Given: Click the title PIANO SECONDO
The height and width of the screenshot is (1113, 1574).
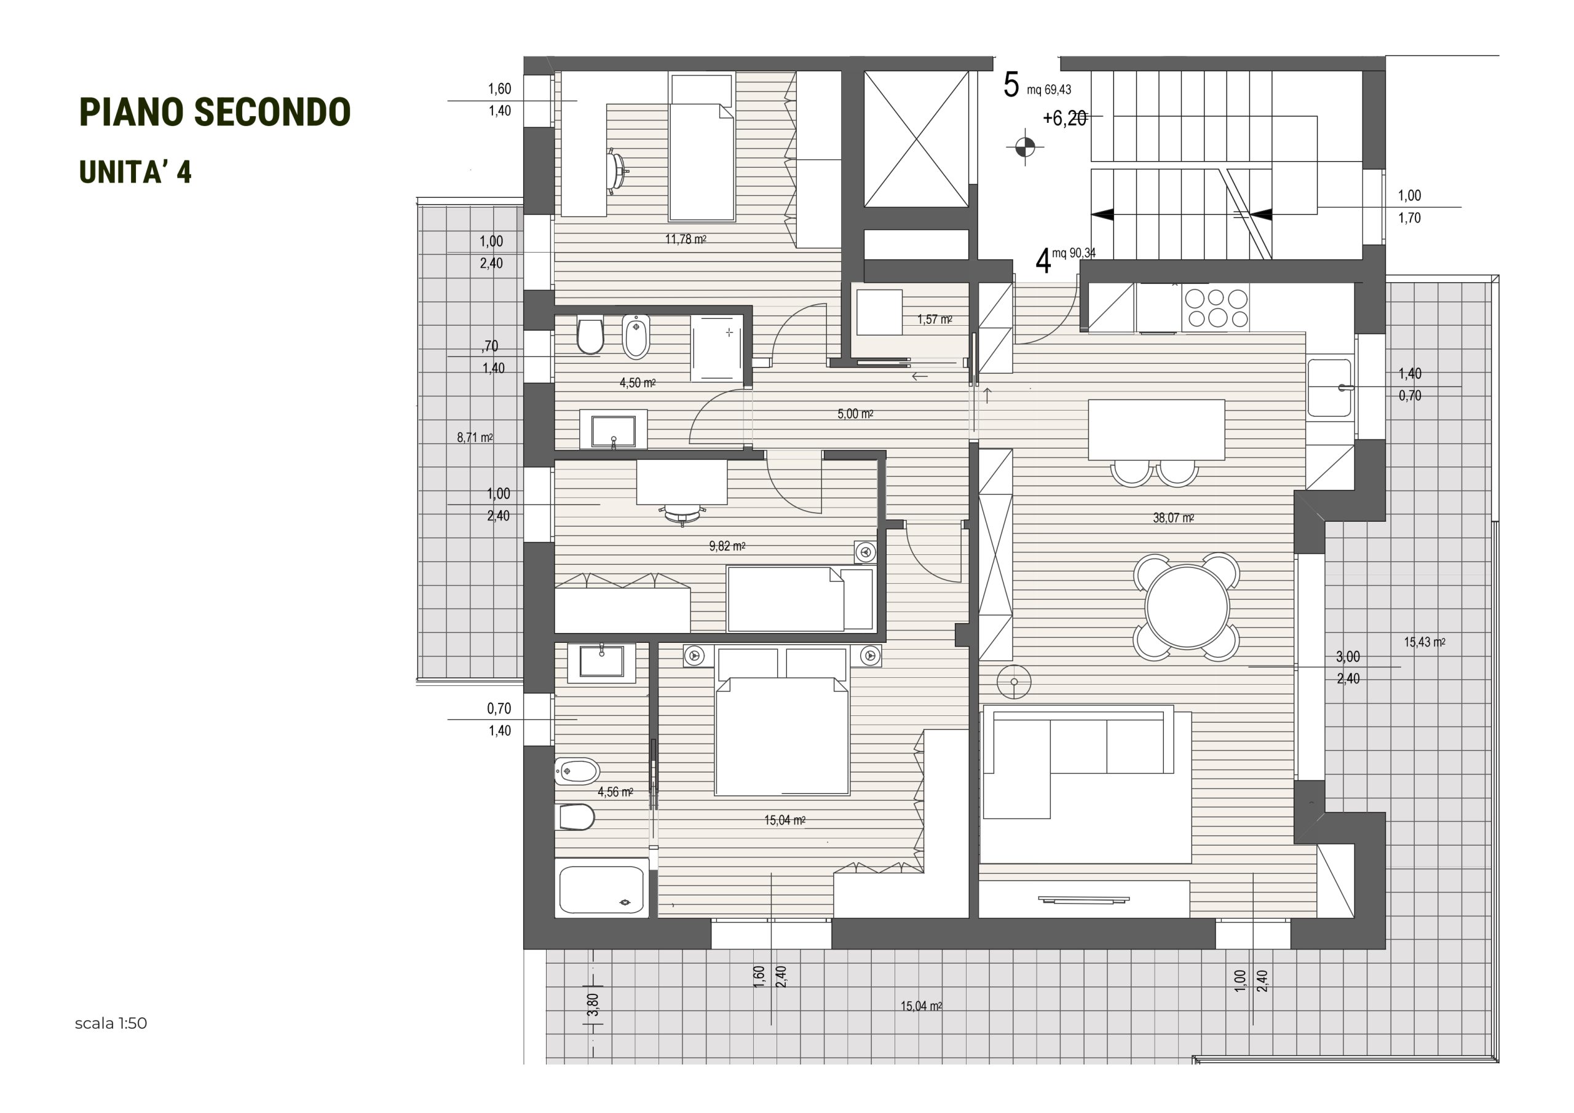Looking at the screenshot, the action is [x=215, y=112].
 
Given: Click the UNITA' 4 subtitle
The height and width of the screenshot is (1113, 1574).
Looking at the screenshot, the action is [x=135, y=172].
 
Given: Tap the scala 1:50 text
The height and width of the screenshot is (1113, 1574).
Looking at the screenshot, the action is [x=111, y=1023].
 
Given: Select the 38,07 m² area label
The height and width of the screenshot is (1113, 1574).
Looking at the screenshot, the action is [x=1173, y=518].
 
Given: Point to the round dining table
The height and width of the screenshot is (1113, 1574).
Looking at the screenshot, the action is [x=1187, y=607].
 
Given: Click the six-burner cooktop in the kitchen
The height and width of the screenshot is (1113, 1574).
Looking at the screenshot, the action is [x=1216, y=308].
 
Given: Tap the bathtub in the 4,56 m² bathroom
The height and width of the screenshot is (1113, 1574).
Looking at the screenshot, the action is [x=602, y=889].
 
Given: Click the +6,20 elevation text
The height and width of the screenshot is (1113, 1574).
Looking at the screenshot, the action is [x=1065, y=119].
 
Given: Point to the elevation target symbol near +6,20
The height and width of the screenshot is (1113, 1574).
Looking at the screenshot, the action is [x=1025, y=146].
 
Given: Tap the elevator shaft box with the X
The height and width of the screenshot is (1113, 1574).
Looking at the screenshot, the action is [x=916, y=138].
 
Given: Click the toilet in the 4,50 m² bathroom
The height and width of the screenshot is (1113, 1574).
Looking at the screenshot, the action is [x=590, y=335].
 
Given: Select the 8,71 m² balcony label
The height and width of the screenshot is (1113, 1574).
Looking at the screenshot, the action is [x=475, y=437].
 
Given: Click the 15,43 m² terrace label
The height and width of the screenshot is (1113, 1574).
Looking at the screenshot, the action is [x=1425, y=642].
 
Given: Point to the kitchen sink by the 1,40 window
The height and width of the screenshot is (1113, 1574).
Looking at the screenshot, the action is [x=1329, y=388].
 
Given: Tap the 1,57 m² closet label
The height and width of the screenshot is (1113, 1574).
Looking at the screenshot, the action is [x=935, y=320].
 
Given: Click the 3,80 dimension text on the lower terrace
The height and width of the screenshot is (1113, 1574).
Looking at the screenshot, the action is [x=593, y=1005].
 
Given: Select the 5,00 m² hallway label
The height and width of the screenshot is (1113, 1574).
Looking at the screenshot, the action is [x=855, y=414].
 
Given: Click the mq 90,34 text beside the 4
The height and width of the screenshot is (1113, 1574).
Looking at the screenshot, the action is [x=1074, y=253].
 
